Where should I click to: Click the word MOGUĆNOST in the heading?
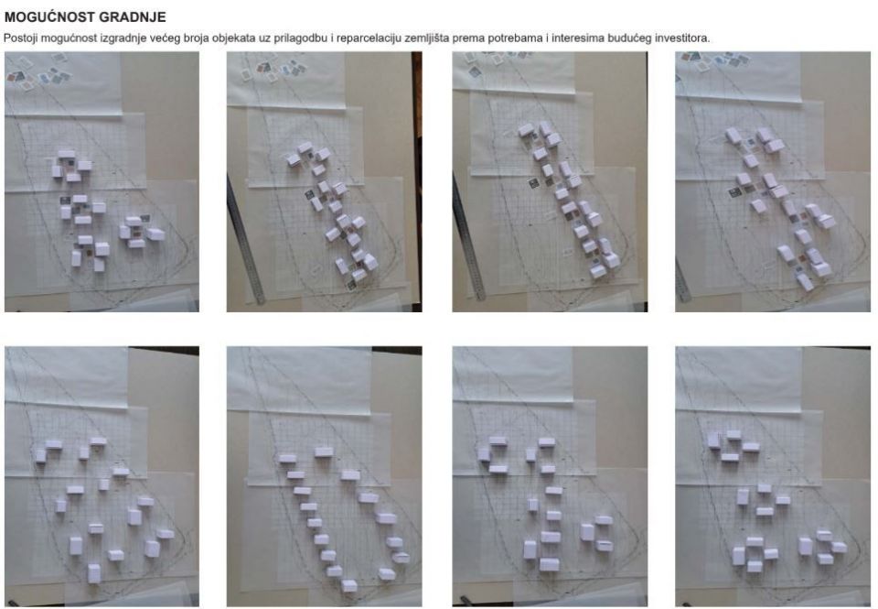point(43,17)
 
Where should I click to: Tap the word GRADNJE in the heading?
point(125,17)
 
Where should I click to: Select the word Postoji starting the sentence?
point(20,38)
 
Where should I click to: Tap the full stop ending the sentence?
point(708,41)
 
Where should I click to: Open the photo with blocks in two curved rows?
point(324,476)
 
